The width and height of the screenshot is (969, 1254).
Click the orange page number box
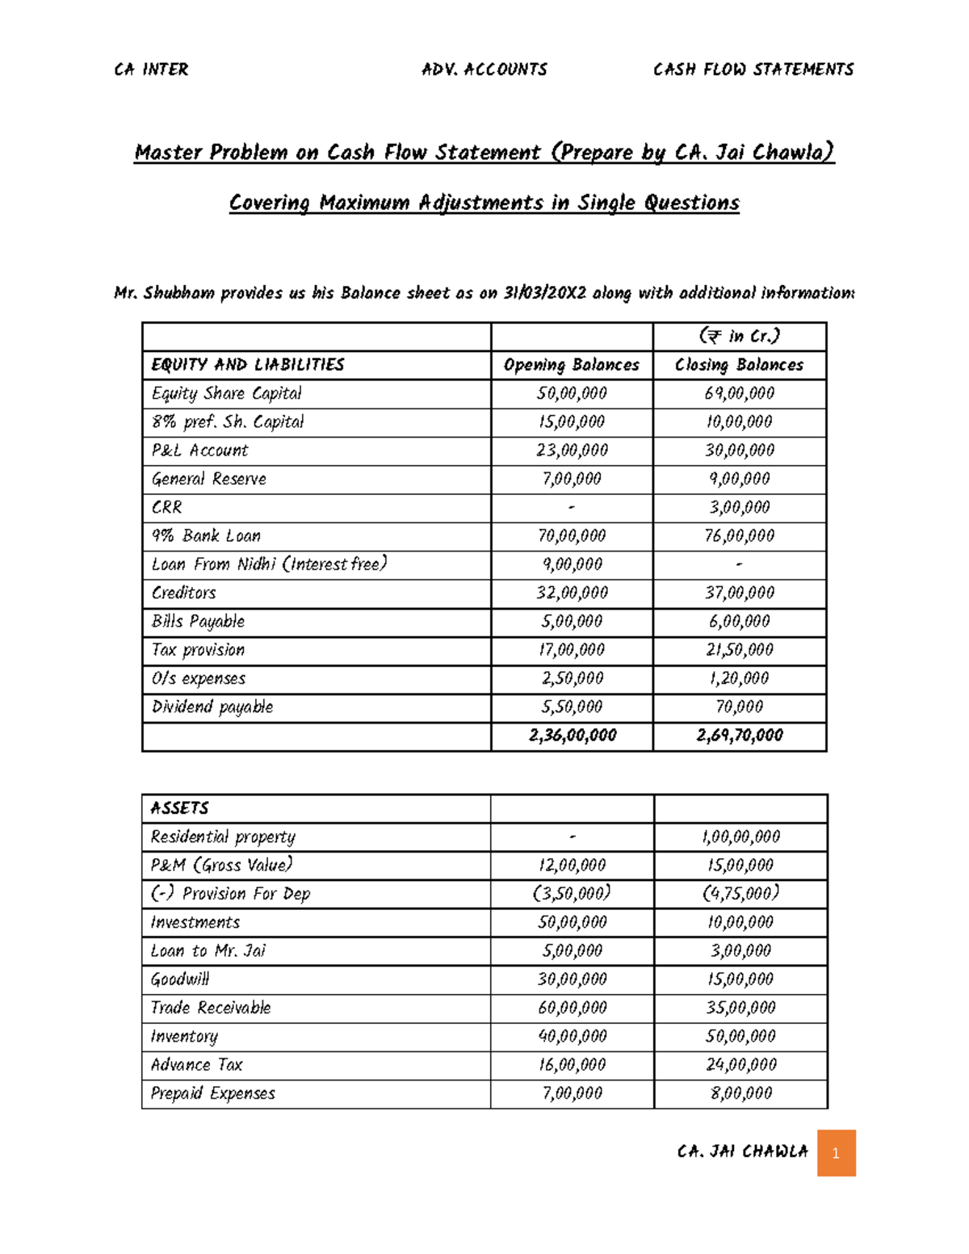(836, 1152)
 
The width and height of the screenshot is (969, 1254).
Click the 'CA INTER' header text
(151, 69)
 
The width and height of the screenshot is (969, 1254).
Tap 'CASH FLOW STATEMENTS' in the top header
(753, 69)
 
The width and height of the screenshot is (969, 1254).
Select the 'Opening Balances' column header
(571, 365)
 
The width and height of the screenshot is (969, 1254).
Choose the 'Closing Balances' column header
(739, 365)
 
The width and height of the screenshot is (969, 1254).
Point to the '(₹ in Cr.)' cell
(739, 336)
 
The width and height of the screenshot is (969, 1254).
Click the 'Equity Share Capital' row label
(226, 393)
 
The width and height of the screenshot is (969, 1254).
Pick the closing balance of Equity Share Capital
(739, 393)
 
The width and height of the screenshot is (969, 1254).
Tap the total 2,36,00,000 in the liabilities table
(572, 736)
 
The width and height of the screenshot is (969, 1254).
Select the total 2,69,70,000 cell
(739, 736)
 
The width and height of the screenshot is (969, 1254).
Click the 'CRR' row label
(166, 507)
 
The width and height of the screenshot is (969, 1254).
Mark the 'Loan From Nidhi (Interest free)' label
(269, 564)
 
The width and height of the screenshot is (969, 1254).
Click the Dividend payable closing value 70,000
(739, 707)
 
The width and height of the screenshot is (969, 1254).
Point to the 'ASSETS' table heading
(179, 808)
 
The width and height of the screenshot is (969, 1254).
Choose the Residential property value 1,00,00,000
(740, 837)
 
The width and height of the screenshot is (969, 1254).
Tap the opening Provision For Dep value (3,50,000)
(572, 894)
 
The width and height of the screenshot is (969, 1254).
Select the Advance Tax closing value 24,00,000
(740, 1065)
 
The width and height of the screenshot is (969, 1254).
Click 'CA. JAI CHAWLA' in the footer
(742, 1151)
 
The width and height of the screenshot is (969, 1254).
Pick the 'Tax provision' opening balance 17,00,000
(572, 650)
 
